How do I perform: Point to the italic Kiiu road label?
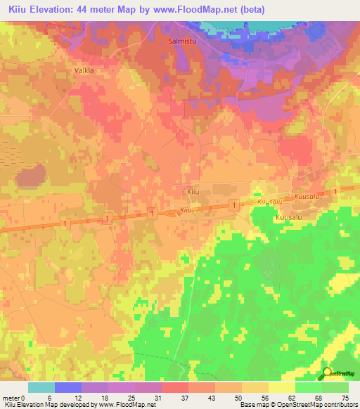pos(186,210)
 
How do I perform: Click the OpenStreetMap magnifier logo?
pos(328,375)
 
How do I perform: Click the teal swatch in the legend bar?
pos(41,387)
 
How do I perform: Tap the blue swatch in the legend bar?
pos(67,387)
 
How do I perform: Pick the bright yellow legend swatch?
pos(282,387)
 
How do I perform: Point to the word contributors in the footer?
pos(337,405)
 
